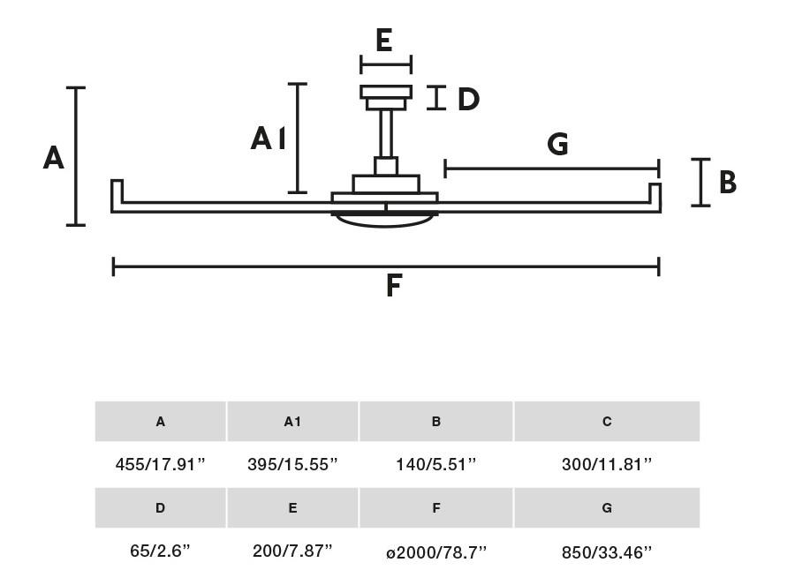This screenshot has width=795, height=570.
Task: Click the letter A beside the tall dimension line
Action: [53, 158]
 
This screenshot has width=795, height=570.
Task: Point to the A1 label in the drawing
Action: [269, 139]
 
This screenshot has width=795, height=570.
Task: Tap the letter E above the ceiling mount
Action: [384, 41]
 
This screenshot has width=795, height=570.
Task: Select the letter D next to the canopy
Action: [468, 99]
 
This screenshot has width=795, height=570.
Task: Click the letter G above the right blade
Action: [557, 144]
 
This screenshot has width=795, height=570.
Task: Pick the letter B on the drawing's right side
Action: [728, 182]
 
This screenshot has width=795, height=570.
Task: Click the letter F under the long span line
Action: [394, 285]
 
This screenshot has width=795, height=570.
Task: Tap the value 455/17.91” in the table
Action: [160, 464]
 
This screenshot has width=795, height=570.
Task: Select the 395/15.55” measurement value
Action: [292, 464]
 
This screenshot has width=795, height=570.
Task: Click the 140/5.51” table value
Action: [436, 464]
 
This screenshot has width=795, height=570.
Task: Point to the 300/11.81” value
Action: [606, 464]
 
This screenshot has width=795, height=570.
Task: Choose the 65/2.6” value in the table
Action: [160, 551]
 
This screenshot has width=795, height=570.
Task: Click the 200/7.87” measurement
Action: [292, 551]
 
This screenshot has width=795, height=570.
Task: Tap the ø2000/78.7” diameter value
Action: [436, 551]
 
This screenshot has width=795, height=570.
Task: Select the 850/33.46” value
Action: [606, 551]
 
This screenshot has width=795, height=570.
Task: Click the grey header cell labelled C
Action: [607, 421]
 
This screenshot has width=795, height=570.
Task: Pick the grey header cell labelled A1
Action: [292, 421]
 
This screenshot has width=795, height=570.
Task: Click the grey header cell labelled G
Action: [607, 507]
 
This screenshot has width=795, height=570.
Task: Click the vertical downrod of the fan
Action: [386, 133]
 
